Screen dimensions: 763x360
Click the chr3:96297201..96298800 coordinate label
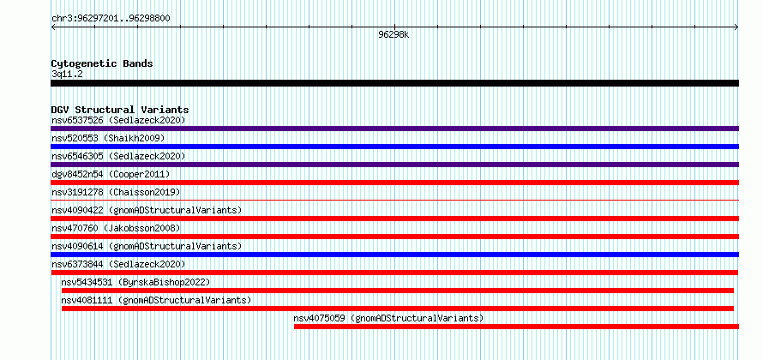(111, 19)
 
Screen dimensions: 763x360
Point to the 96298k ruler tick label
(394, 35)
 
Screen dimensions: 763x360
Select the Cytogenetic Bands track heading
(102, 63)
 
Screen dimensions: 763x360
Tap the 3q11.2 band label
(66, 75)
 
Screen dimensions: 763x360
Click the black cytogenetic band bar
(394, 83)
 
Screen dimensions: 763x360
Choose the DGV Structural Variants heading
(120, 110)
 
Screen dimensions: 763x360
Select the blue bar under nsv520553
(394, 147)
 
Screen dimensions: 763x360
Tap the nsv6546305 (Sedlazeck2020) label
(118, 156)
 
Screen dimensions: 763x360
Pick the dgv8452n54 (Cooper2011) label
(111, 174)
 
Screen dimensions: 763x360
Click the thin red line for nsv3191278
(394, 200)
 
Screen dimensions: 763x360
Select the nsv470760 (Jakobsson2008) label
(116, 228)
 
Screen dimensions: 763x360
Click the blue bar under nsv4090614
(394, 255)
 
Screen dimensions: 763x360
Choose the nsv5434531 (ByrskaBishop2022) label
(135, 282)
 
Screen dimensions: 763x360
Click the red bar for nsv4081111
(398, 309)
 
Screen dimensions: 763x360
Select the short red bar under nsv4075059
(516, 327)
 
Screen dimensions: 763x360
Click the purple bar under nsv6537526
(394, 129)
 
